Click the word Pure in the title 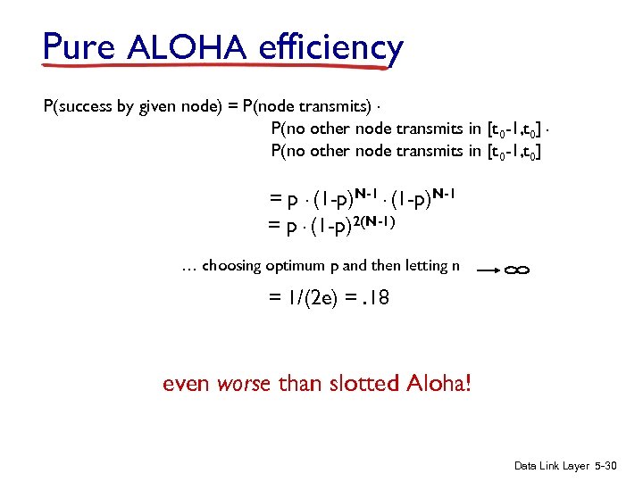(79, 46)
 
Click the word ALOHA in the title (186, 46)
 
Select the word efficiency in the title (331, 46)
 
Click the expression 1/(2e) (301, 298)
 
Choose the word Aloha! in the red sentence (438, 384)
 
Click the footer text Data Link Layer (552, 466)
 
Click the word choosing (231, 265)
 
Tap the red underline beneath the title (223, 63)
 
